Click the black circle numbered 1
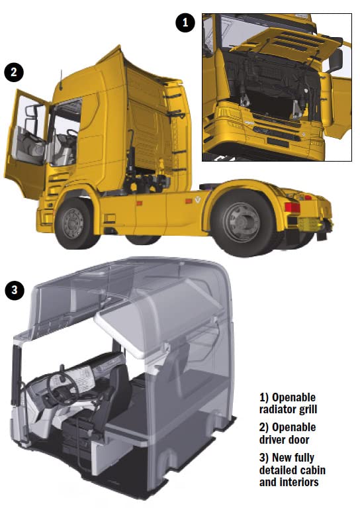pos(185,23)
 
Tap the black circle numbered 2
pos(14,72)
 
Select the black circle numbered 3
pos(15,290)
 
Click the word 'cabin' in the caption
pos(308,470)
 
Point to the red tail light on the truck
pos(292,207)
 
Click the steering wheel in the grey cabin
pos(62,389)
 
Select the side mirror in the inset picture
pos(336,60)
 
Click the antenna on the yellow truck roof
pos(60,80)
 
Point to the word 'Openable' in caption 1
pos(294,397)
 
